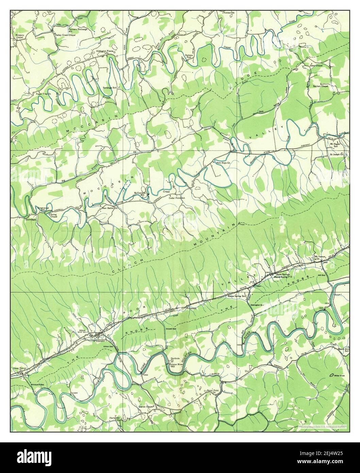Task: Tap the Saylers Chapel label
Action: pos(320,86)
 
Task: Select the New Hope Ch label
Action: pos(224,163)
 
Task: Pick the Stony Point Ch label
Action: pos(211,391)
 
